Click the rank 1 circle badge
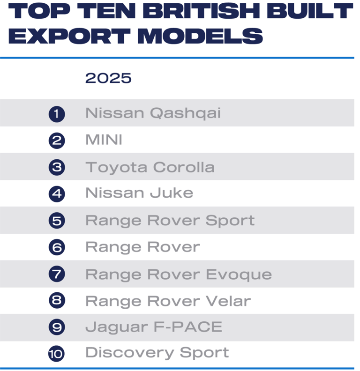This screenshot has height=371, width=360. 56,114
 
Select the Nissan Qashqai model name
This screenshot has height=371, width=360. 153,113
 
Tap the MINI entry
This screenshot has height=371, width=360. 104,140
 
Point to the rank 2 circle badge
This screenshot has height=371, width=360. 56,141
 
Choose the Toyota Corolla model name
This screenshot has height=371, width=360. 150,167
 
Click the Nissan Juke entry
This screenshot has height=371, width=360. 139,193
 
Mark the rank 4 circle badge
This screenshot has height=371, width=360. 56,194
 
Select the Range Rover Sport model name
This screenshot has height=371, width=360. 170,220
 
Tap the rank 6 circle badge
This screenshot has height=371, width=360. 56,248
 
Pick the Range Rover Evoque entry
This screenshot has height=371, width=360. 178,274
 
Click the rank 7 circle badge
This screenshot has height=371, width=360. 56,274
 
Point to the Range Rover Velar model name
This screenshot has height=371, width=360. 168,301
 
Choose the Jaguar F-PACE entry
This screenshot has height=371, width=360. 153,327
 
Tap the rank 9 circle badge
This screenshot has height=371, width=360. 56,327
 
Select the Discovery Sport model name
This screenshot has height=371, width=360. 157,352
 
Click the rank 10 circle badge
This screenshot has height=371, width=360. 56,354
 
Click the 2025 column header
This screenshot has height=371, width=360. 108,78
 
